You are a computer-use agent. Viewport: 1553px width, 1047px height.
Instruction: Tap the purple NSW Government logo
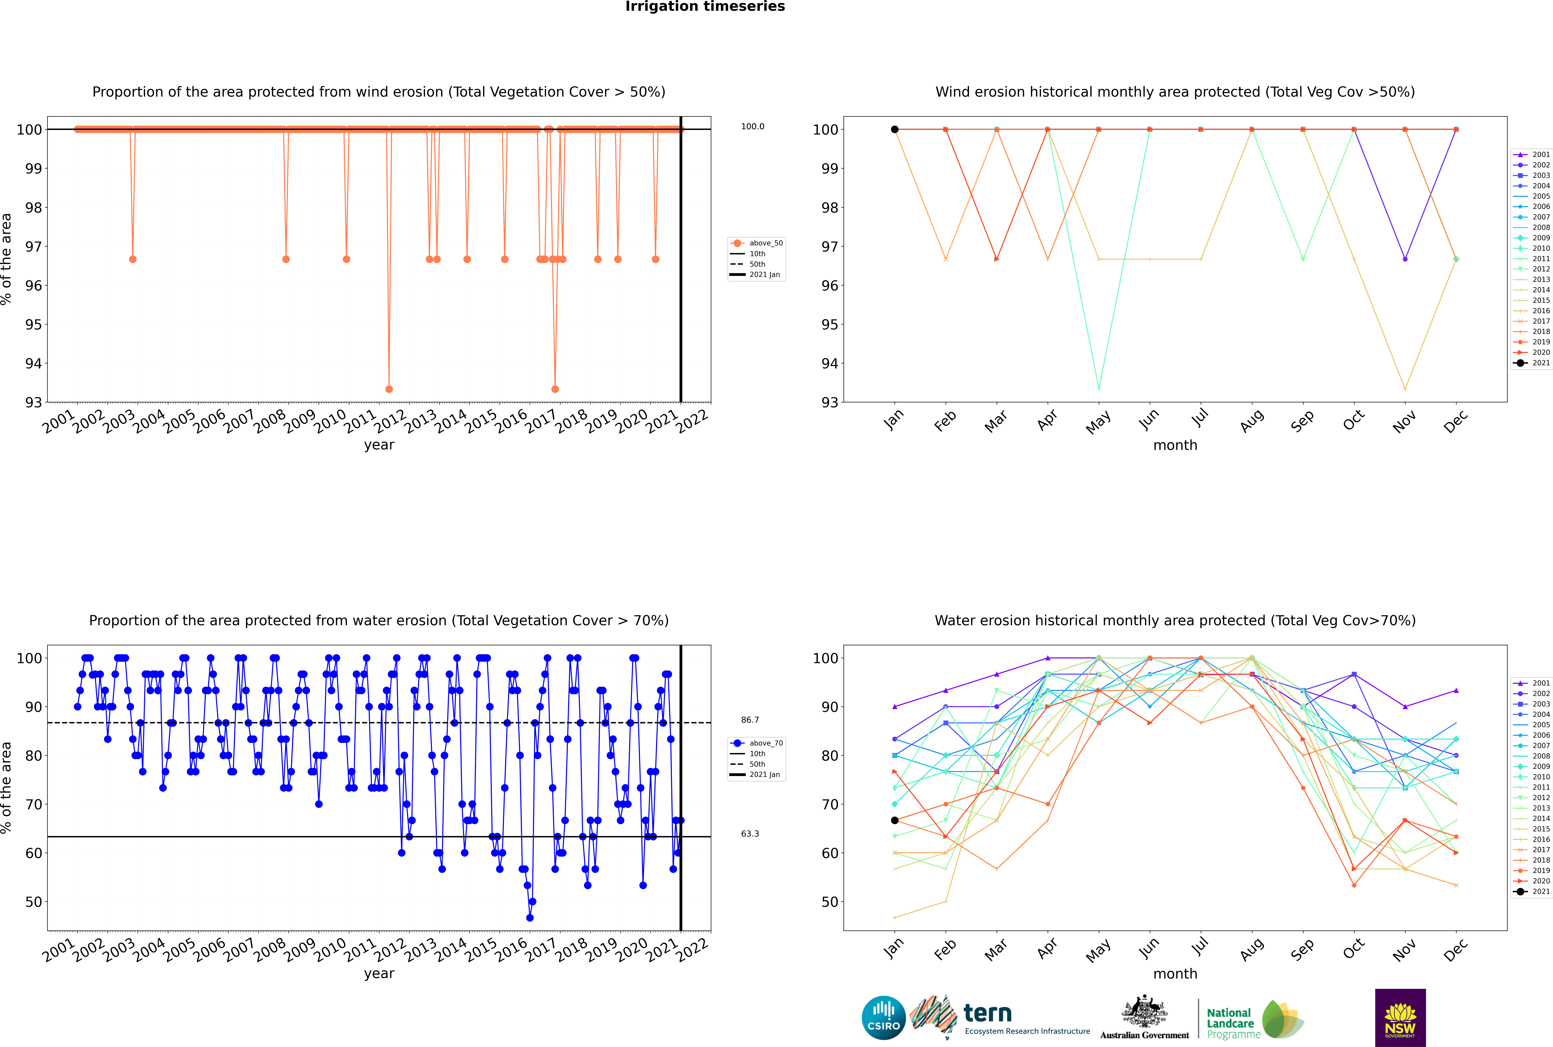tap(1400, 1017)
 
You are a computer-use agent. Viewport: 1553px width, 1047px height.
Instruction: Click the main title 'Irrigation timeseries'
tap(705, 7)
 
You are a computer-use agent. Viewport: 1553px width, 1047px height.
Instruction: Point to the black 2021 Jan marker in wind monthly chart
tap(895, 130)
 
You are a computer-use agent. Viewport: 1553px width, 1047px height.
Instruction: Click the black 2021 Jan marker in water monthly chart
tap(895, 821)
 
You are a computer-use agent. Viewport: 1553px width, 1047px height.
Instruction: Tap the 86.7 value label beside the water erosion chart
tap(750, 720)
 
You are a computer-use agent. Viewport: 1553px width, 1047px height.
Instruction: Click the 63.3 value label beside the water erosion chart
tap(750, 833)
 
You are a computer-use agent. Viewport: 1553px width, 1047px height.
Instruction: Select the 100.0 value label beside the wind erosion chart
tap(752, 126)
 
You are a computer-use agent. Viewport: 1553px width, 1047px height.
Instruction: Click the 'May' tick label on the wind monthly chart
tap(1098, 422)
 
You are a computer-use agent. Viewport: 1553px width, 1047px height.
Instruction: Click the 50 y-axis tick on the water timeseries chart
tap(33, 902)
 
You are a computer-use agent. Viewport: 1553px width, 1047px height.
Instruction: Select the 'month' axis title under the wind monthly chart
tap(1175, 445)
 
